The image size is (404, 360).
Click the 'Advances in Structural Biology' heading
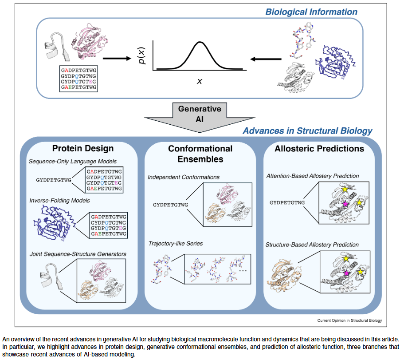click(307, 131)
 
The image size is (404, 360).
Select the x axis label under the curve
click(199, 81)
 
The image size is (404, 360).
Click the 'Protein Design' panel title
click(83, 148)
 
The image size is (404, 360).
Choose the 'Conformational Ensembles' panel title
click(200, 153)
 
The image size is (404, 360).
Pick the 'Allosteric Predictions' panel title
click(319, 148)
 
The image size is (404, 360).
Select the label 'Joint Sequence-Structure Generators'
click(77, 254)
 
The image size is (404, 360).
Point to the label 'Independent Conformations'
click(184, 177)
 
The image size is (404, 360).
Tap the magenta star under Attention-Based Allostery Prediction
click(345, 203)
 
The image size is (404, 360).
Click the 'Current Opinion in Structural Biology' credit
click(349, 320)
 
